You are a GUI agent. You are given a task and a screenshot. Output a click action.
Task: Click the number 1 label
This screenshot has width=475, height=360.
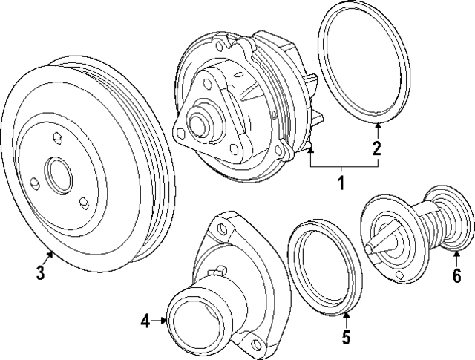[x=341, y=182]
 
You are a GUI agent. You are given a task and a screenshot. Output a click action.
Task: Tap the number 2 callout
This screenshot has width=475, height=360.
[x=378, y=148]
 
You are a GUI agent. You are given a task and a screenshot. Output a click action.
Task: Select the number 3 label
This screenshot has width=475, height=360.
[x=40, y=273]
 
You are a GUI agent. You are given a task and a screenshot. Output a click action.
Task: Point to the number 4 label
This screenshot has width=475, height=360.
[x=146, y=321]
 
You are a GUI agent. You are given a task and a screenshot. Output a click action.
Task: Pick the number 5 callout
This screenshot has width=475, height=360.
[x=346, y=338]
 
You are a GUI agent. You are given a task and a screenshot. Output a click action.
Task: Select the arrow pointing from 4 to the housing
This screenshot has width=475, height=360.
[x=160, y=321]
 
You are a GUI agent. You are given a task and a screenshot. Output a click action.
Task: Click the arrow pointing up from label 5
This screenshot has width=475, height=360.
[x=346, y=318]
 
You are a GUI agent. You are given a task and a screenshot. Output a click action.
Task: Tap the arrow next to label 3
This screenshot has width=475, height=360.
[x=50, y=258]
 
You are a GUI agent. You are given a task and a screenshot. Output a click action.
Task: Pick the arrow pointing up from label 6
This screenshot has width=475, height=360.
[x=455, y=259]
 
